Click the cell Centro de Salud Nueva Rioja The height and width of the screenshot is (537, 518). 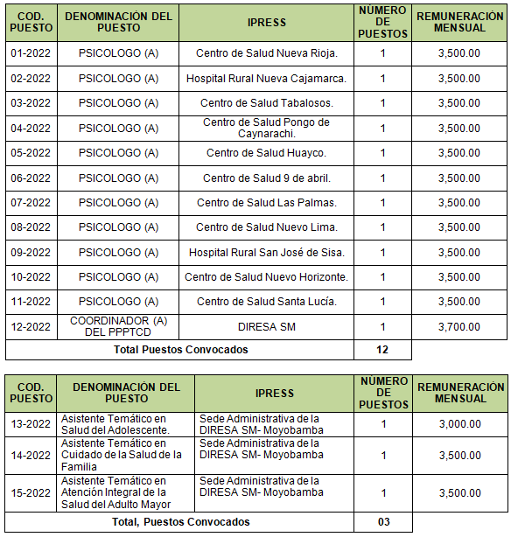pos(266,53)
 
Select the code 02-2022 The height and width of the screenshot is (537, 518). pos(31,79)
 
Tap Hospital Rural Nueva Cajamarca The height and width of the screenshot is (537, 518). pos(266,79)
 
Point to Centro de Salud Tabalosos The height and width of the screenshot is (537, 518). pos(266,103)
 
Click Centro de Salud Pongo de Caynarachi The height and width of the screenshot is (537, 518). pos(266,129)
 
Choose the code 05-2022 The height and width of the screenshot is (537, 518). pos(31,153)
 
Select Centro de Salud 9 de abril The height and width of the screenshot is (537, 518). pos(266,178)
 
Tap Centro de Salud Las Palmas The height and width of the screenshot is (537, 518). pos(266,203)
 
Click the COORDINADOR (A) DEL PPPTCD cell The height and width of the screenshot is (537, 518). pos(118,327)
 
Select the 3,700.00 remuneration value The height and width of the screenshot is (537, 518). pos(458,327)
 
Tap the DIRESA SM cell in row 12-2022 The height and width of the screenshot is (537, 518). pos(266,327)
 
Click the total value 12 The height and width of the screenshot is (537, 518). pos(382,350)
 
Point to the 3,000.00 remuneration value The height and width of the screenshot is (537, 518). pos(458,424)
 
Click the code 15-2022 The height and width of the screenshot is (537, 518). pos(31,492)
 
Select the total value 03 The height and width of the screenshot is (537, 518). pos(382,522)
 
